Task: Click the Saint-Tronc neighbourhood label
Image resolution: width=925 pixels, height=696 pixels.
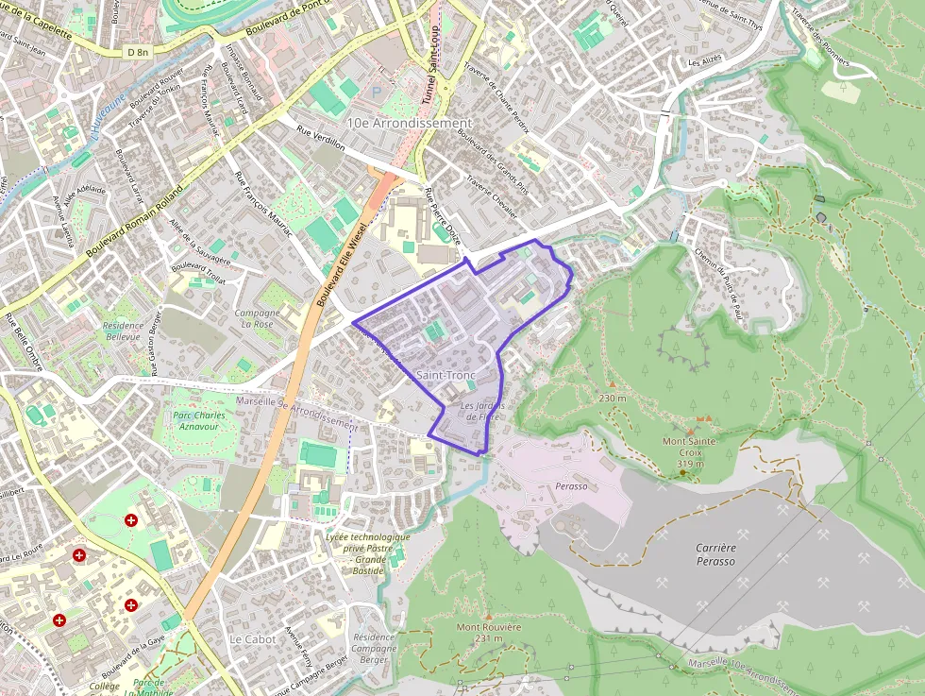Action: click(x=446, y=376)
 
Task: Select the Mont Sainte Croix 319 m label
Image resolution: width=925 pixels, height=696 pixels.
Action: click(x=689, y=452)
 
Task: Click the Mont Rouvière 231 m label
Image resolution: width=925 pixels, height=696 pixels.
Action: click(x=488, y=633)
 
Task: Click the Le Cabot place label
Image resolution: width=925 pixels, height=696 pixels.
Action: click(x=253, y=639)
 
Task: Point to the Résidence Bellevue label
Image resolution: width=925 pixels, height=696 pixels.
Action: click(x=122, y=331)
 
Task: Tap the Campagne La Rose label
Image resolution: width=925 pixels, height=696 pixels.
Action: click(x=257, y=318)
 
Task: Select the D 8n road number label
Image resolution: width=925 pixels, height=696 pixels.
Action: click(x=137, y=53)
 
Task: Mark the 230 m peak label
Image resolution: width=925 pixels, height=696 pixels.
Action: click(x=612, y=399)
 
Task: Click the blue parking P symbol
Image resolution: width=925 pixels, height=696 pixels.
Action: click(x=378, y=93)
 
